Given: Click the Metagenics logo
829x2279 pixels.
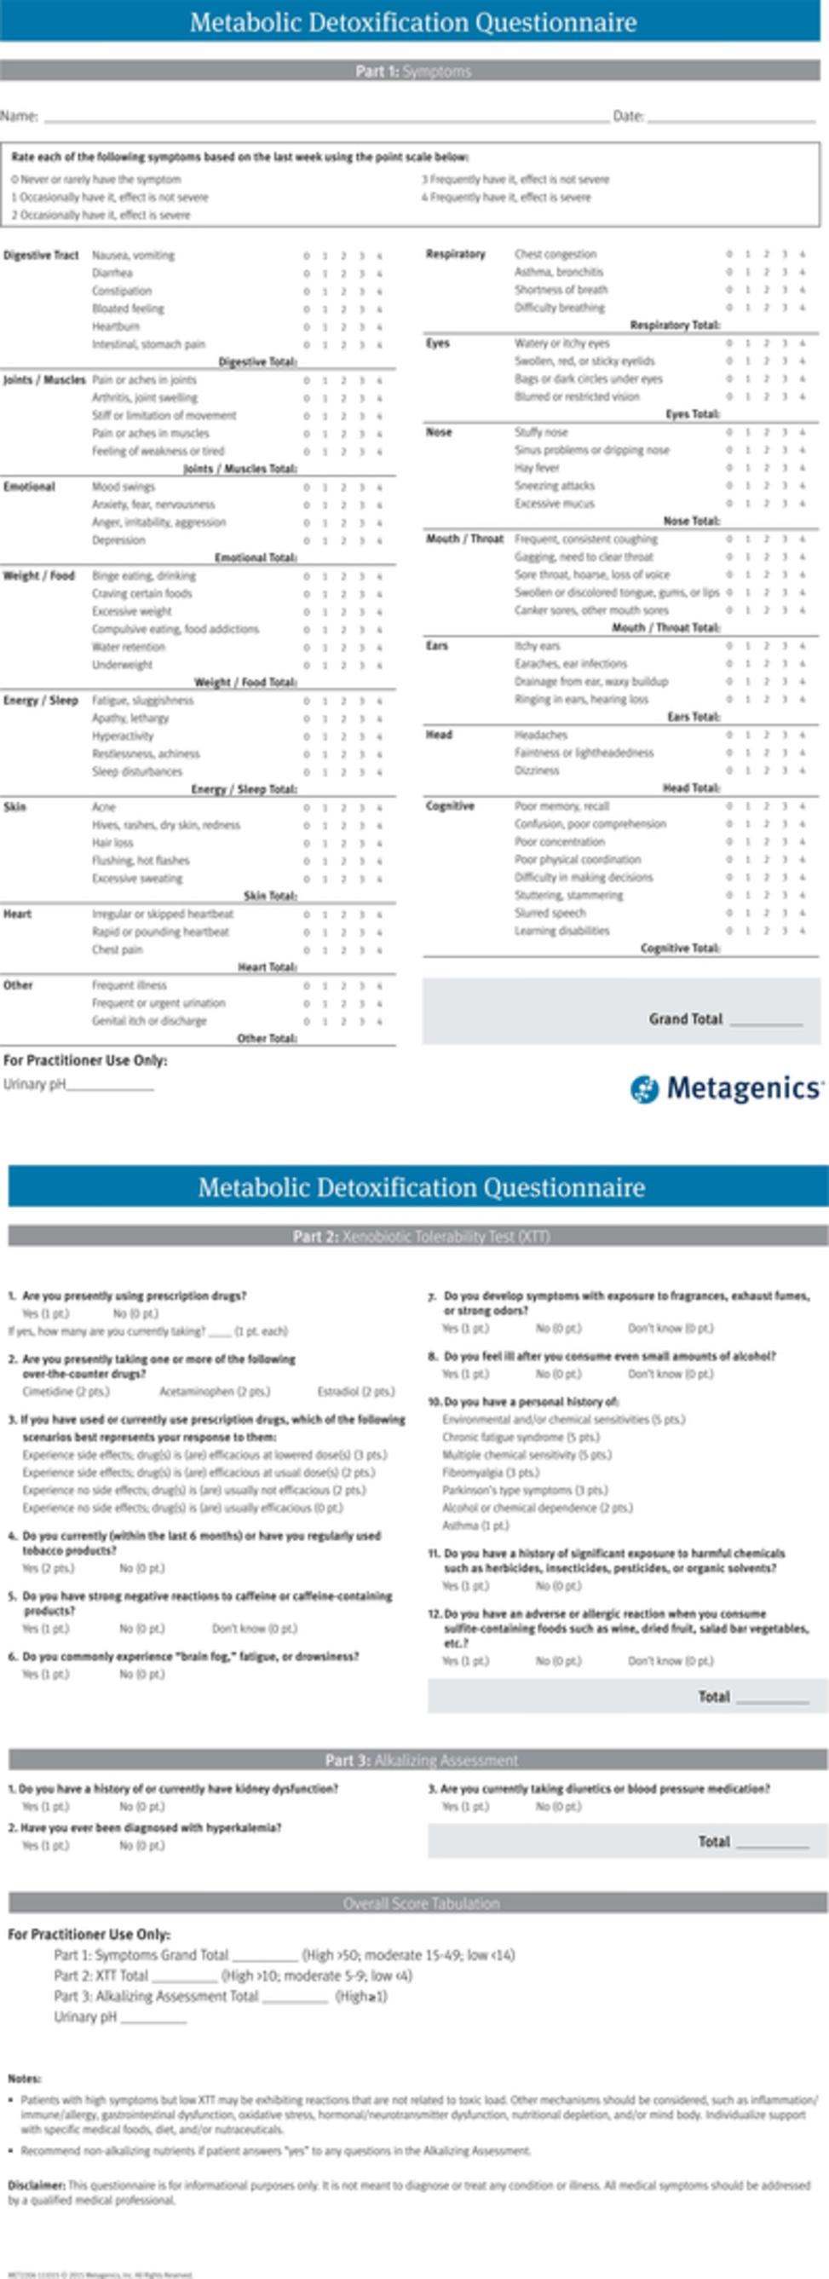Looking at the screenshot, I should coord(726,1088).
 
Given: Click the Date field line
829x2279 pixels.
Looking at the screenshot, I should coord(731,119).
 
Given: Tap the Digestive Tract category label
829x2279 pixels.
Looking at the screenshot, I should coord(41,255).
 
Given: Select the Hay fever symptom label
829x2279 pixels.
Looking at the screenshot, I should coord(537,468).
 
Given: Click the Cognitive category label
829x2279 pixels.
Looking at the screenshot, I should coord(451,806).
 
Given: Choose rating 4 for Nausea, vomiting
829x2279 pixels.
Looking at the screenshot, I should coord(379,256).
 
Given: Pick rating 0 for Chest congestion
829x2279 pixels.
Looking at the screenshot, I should coord(729,255).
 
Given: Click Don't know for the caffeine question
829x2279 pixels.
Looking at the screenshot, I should coord(254,1628).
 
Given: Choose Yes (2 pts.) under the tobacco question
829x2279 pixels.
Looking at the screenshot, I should coord(48,1567).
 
